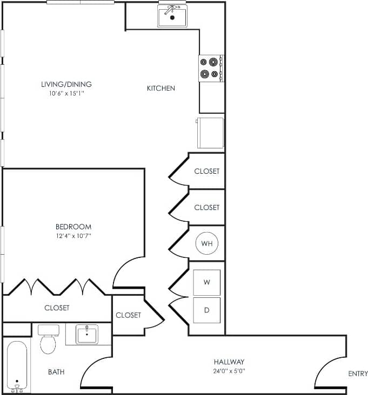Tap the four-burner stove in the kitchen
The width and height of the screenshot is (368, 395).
pos(210,68)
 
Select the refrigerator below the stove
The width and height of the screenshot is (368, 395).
pos(210,132)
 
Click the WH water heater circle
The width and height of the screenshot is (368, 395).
pos(206,243)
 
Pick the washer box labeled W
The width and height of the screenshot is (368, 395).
pos(207,282)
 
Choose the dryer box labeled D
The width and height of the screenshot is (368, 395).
pos(207,310)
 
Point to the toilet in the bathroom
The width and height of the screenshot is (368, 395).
pos(49,340)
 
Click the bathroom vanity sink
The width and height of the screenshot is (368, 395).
pos(86,334)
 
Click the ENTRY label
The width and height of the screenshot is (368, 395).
pos(358,373)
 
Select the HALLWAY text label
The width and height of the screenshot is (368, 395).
pos(229,362)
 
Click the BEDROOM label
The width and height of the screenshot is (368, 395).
pos(73,227)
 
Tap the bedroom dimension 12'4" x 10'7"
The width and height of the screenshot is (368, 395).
pos(73,236)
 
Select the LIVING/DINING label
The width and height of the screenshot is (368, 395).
pos(66,84)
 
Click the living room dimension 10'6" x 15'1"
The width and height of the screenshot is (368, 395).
pos(66,93)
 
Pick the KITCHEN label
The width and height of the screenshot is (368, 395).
pos(161,88)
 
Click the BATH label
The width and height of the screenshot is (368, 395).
pos(57,372)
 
